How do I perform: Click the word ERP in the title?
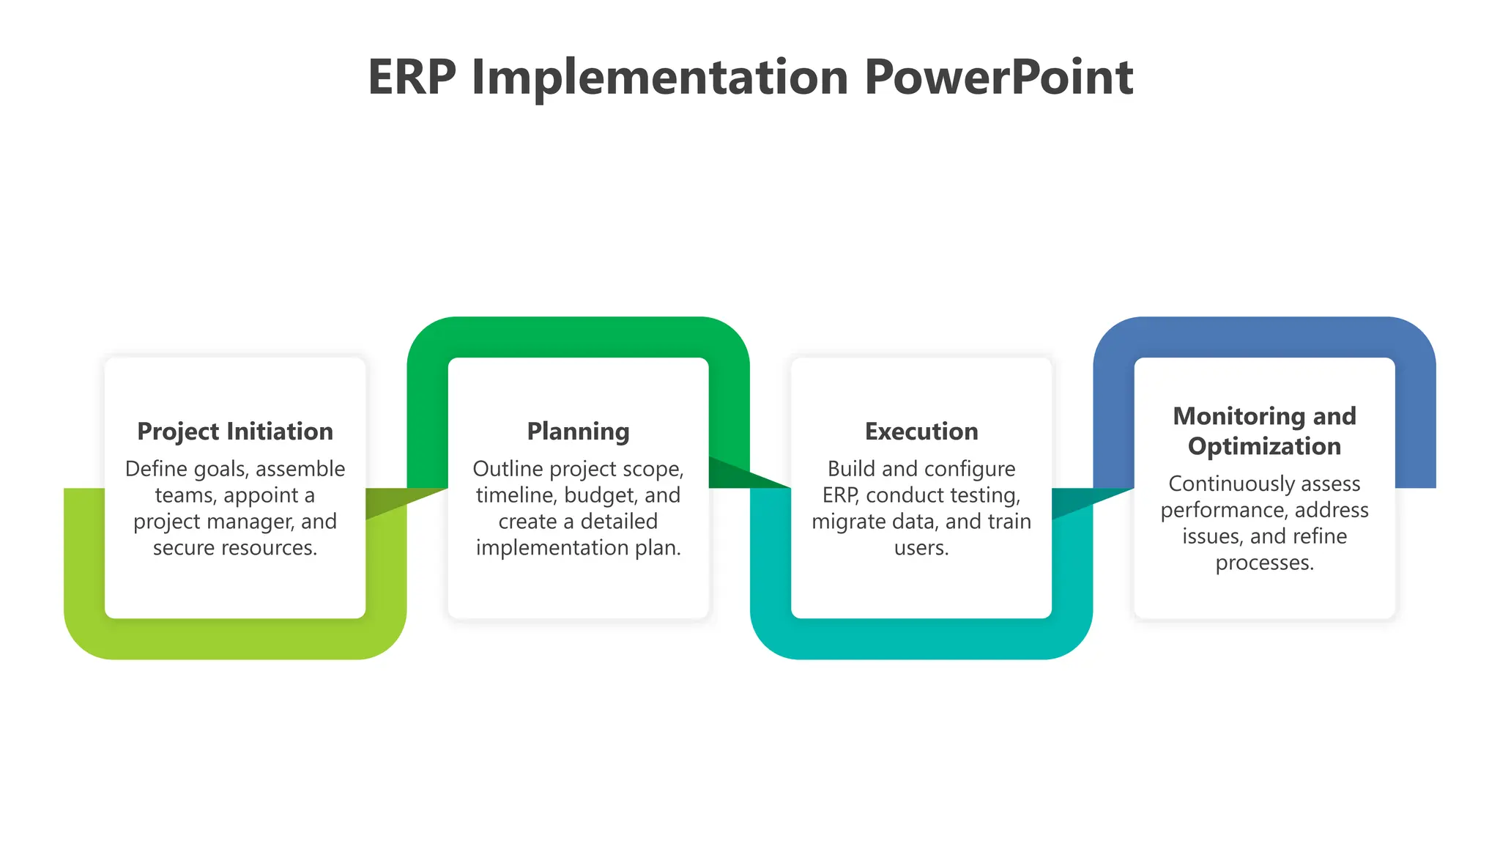pos(412,78)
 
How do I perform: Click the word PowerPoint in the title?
pos(998,78)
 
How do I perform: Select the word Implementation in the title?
pos(660,78)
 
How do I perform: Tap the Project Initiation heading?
pos(235,432)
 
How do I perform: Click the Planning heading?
pos(578,432)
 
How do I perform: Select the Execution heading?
pos(921,432)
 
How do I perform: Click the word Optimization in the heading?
pos(1264,446)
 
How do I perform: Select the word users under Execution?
pos(921,548)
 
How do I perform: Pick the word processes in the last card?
pos(1264,563)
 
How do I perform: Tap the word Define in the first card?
pos(156,469)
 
